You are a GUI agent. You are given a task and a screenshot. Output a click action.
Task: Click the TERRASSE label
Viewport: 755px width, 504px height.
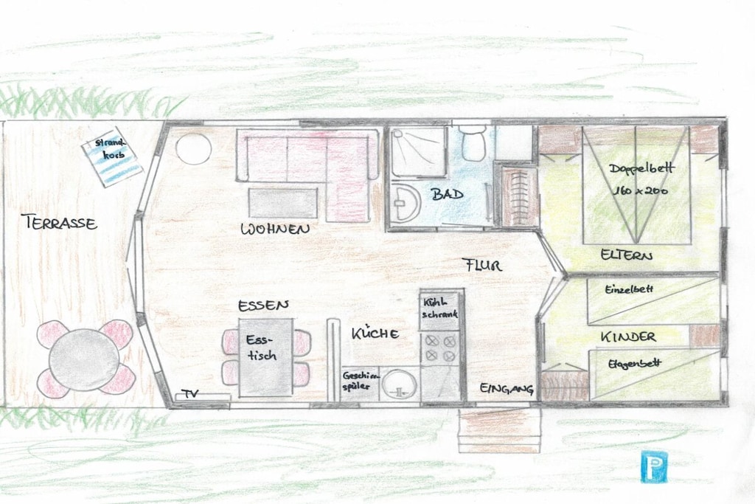click(x=59, y=223)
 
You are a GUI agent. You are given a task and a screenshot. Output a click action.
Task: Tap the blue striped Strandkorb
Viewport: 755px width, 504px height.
click(x=112, y=156)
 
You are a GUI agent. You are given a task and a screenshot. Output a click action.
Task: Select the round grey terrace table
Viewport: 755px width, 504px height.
click(x=84, y=359)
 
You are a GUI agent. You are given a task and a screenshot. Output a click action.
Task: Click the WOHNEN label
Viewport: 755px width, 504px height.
click(x=275, y=229)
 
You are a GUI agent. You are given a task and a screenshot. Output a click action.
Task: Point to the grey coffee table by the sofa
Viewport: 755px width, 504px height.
click(x=282, y=203)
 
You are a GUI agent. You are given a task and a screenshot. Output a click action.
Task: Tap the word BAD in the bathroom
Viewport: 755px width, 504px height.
click(x=447, y=194)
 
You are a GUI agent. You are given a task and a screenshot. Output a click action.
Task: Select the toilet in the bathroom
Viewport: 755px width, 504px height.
click(x=472, y=142)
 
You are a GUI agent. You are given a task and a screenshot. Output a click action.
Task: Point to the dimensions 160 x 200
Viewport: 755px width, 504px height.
click(x=641, y=190)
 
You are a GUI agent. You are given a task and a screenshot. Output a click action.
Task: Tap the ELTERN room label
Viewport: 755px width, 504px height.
click(x=627, y=255)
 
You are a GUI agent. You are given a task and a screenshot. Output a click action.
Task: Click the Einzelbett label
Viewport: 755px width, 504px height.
click(x=629, y=289)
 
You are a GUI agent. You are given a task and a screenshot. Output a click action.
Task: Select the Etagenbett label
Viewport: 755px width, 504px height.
click(x=634, y=365)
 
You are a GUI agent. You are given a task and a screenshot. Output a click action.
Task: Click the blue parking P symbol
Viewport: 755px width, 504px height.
click(x=654, y=466)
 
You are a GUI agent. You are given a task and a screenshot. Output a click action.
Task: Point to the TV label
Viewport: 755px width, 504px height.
click(x=189, y=393)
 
